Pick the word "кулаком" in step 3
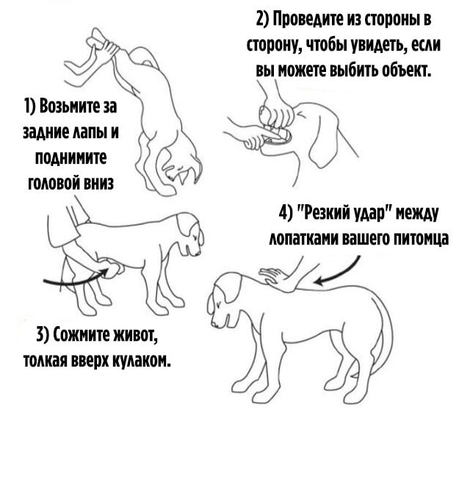(x=142, y=360)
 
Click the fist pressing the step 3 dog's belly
(x=112, y=267)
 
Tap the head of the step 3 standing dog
(x=187, y=235)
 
